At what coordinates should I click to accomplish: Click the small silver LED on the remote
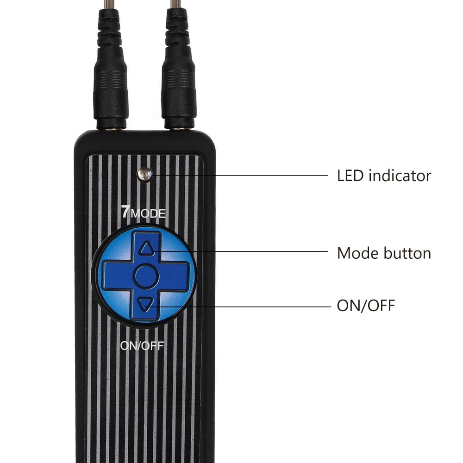tap(144, 175)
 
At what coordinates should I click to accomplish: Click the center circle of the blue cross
tap(146, 276)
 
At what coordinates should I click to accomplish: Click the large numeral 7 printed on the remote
tap(125, 212)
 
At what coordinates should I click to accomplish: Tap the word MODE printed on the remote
tap(148, 213)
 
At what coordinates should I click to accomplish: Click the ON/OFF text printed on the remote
tap(142, 346)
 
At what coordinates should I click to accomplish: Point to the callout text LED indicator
tap(384, 175)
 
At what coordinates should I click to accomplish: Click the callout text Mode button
tap(384, 253)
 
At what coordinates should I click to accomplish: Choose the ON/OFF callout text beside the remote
tap(366, 306)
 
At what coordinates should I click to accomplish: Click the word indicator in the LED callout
tap(400, 175)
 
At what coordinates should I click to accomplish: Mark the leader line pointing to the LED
tap(239, 175)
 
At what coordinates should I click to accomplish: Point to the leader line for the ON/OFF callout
tap(239, 307)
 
